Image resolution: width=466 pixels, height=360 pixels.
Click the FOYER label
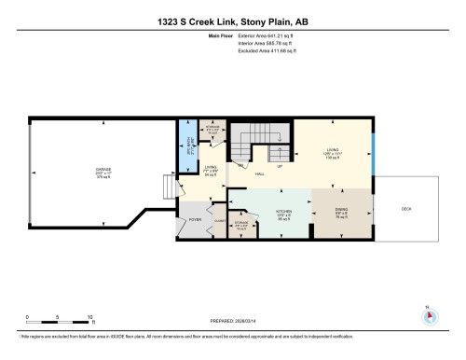click(195, 220)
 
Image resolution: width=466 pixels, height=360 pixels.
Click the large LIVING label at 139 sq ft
click(332, 148)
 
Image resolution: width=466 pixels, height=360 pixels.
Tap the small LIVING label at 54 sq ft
click(211, 169)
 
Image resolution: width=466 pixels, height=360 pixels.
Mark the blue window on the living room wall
click(373, 147)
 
